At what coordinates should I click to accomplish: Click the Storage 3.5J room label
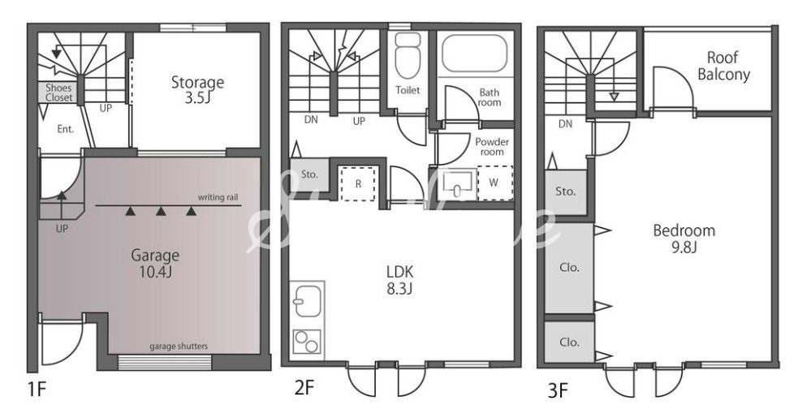point(197,89)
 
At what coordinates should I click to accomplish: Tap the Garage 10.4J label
point(155,263)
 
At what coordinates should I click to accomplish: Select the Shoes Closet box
point(58,93)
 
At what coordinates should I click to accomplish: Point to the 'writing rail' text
point(218,198)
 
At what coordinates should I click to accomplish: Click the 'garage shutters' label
point(179,346)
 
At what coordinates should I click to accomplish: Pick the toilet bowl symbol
point(408,56)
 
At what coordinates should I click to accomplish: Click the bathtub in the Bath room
point(474,54)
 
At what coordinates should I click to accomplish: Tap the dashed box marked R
point(358,183)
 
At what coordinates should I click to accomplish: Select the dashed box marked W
point(494,183)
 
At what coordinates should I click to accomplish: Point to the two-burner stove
point(307,341)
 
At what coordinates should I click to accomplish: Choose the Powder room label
point(492,147)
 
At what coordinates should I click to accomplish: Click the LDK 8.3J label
point(399,280)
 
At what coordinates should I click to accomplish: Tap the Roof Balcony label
point(723,66)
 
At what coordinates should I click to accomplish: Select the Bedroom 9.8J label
point(684,239)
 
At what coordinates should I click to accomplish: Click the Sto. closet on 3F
point(566,192)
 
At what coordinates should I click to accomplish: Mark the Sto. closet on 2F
point(309,175)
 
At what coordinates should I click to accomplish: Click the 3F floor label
point(558,391)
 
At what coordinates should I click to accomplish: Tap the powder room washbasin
point(458,183)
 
